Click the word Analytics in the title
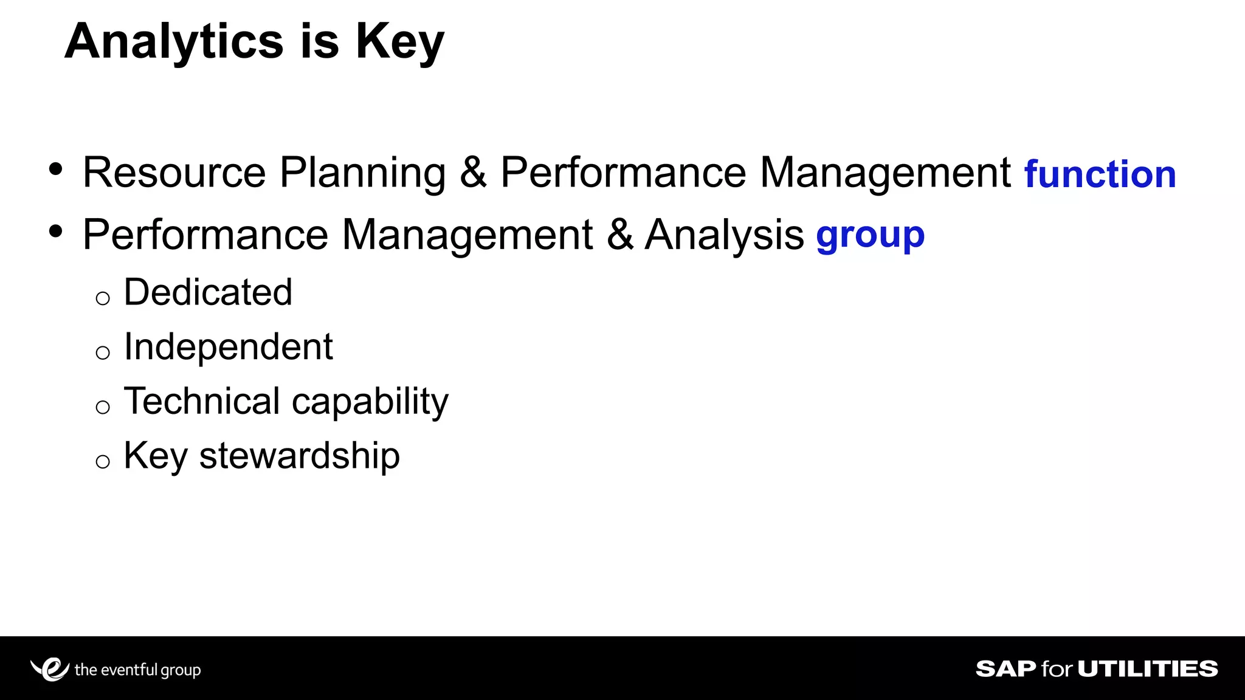pos(174,41)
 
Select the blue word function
pos(1100,174)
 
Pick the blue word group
pos(870,236)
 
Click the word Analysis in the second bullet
pos(724,236)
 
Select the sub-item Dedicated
pos(208,292)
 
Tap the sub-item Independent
pos(228,347)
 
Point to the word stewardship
pos(299,456)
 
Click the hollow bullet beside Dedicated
pos(103,298)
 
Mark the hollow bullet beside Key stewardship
pos(103,462)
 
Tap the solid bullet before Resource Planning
pos(56,170)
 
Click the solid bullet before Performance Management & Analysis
pos(56,232)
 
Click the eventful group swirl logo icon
pos(50,669)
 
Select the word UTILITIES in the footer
pos(1148,669)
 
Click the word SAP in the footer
pos(1005,669)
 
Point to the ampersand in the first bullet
pos(473,173)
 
